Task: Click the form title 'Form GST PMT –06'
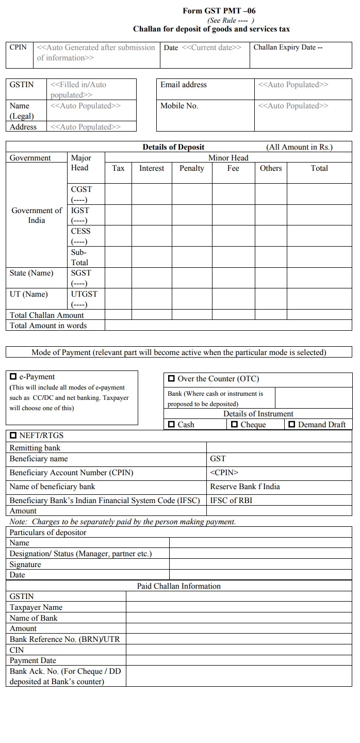pos(219,11)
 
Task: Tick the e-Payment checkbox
pos(13,377)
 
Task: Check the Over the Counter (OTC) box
pos(172,379)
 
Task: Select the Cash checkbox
pos(172,424)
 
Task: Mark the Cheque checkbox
pos(235,424)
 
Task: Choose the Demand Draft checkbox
pos(292,424)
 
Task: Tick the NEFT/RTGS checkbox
pos(13,435)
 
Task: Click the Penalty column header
pos(191,168)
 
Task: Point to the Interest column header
pos(152,168)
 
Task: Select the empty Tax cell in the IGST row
pos(118,215)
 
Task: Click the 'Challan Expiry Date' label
pos(287,47)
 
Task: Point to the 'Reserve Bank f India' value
pos(245,487)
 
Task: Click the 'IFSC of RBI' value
pos(231,500)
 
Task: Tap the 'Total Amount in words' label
pos(48,326)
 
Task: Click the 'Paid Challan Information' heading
pos(178,586)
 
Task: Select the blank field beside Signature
pos(260,564)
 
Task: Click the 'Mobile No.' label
pos(179,106)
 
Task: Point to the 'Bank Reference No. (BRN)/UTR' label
pos(64,639)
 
